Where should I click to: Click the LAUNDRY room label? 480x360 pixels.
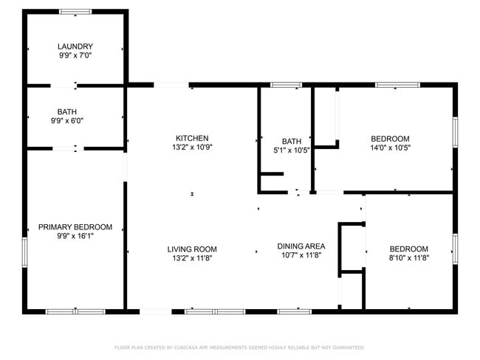tap(75, 46)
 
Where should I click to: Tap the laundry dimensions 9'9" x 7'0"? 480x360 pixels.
tap(75, 55)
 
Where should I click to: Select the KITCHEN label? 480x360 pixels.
tap(192, 138)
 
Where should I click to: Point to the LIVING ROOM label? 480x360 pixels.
tap(192, 249)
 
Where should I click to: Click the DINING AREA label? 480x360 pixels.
tap(301, 246)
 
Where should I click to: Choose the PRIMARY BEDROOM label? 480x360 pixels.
tap(75, 226)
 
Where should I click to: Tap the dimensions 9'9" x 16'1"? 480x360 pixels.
tap(75, 236)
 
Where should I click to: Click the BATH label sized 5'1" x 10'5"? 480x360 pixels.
tap(292, 141)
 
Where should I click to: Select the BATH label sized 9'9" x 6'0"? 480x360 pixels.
tap(67, 111)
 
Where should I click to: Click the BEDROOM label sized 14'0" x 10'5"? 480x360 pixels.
tap(390, 138)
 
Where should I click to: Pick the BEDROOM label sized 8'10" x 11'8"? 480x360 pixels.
tap(408, 249)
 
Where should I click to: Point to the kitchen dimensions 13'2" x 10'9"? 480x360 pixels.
tap(192, 148)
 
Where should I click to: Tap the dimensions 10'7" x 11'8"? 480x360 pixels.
tap(301, 255)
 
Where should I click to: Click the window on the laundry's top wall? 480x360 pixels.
tap(75, 12)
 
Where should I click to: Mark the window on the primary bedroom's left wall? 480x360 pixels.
tap(24, 254)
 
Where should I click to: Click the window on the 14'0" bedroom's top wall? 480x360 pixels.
tap(397, 85)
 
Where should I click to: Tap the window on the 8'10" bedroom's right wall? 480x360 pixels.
tap(455, 249)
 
